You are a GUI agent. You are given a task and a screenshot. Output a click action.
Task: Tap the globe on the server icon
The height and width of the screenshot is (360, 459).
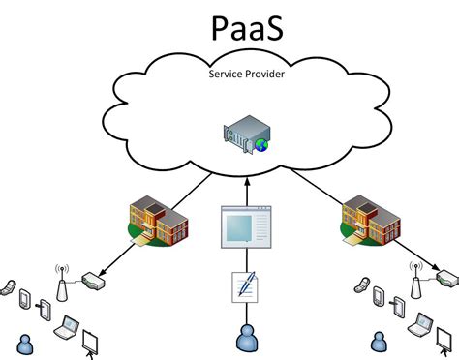(x=261, y=145)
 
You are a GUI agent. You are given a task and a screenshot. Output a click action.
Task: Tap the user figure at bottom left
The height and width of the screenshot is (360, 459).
(x=24, y=342)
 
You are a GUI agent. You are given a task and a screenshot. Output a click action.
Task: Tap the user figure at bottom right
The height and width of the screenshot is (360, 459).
(x=379, y=342)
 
